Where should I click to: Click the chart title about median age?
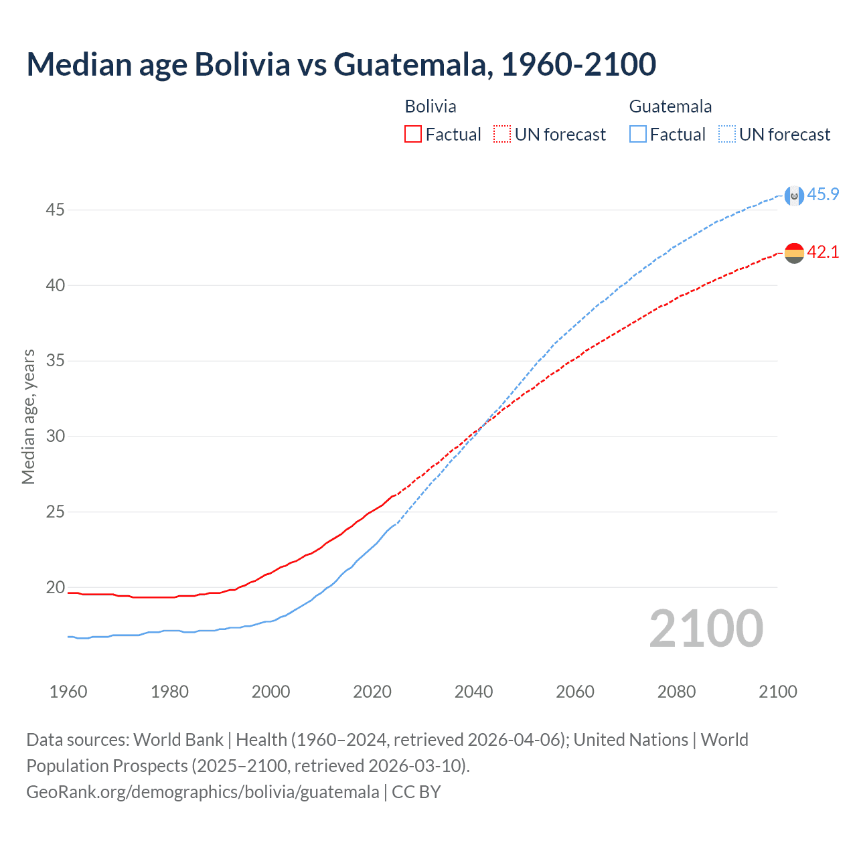341,65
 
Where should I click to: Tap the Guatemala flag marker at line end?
794,196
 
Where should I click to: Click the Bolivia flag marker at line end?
794,253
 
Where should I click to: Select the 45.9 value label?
823,195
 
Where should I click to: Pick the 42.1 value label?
823,252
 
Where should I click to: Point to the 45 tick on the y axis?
55,210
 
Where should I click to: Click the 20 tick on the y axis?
55,588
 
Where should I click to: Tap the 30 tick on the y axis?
55,437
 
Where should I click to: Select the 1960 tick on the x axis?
68,692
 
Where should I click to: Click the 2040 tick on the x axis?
473,692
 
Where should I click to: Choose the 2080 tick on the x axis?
676,692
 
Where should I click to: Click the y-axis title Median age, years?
28,416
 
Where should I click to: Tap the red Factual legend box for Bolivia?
413,135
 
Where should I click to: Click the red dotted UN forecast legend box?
502,135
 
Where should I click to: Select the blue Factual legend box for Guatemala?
638,135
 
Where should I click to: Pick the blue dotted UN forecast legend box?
727,135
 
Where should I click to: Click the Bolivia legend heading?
431,106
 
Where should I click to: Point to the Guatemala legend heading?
670,106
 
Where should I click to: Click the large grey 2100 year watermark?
706,629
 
